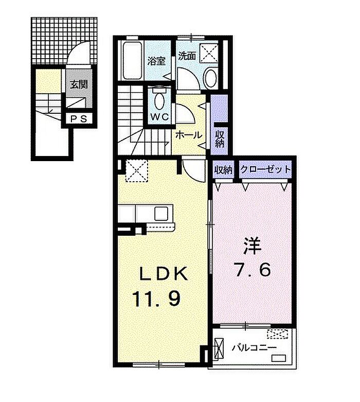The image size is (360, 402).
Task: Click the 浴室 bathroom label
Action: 156,61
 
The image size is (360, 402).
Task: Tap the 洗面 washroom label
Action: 187,56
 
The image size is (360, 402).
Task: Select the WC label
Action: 159,117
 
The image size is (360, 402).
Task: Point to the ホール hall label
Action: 189,135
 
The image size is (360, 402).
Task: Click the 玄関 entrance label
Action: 79,84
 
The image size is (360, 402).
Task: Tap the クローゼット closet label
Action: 265,169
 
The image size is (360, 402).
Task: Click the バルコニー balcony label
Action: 254,348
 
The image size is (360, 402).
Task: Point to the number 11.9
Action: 156,299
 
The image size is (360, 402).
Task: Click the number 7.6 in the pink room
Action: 253,270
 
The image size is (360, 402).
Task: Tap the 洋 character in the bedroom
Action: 253,246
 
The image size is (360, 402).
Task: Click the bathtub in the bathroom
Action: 133,61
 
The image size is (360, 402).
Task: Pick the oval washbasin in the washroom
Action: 211,78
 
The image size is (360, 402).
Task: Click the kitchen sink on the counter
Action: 161,213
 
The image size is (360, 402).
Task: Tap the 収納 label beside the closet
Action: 223,169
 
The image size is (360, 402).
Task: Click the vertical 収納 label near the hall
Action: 220,139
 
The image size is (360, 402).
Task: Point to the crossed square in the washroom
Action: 208,53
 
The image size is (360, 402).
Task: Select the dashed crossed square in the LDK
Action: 137,170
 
